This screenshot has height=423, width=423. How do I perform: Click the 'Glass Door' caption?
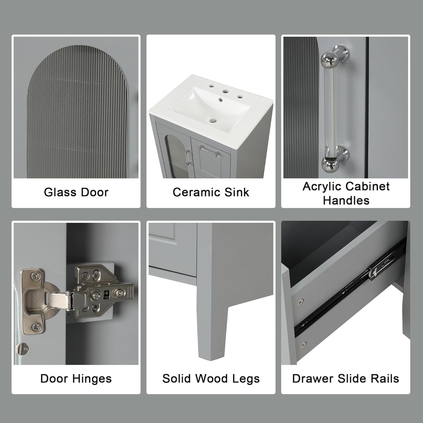coord(76,192)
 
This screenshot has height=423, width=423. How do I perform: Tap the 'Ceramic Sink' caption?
coord(211,192)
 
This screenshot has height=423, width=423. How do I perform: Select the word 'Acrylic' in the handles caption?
coord(322,186)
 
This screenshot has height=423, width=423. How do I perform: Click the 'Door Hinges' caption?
coord(76,378)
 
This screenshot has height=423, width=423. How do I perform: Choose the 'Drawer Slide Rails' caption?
coord(345,378)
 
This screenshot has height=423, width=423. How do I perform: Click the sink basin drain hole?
coord(213,121)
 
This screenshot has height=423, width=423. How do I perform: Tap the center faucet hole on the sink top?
coord(225,91)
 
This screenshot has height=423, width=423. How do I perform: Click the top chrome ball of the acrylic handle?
coord(330,59)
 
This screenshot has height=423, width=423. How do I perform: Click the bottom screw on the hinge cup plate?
coord(36,327)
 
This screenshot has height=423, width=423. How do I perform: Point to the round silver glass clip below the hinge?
coord(22,349)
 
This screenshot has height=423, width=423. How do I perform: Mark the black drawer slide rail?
coord(351,285)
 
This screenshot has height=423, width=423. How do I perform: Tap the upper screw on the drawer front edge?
coord(300,302)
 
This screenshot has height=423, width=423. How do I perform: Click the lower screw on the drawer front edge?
coord(303,344)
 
